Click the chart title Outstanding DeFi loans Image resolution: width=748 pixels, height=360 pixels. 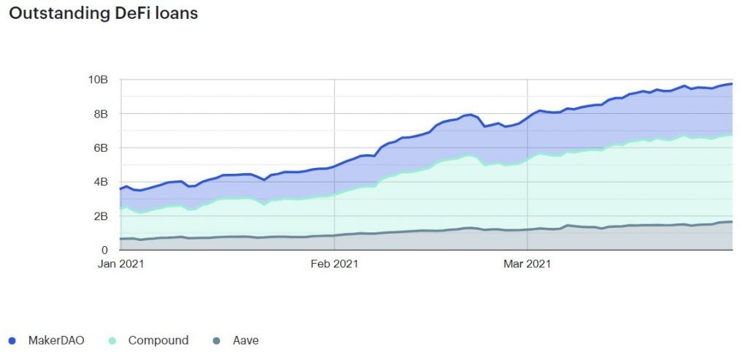point(103,13)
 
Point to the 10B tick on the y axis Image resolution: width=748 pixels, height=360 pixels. point(99,79)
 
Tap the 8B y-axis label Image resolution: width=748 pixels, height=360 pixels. point(101,113)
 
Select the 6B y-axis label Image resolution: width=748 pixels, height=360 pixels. point(101,148)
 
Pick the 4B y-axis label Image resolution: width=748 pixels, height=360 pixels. point(101,182)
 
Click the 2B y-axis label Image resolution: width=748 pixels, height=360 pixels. point(101,216)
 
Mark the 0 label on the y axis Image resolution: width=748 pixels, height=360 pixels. point(105,250)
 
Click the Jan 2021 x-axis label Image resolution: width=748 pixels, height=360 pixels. point(121,264)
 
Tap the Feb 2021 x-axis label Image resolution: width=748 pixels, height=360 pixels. point(334,264)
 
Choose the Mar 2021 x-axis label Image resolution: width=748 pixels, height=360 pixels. point(527,264)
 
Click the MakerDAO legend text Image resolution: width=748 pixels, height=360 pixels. point(56,340)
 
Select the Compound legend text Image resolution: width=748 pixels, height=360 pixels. point(158,340)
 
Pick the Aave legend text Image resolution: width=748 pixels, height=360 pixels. point(245,340)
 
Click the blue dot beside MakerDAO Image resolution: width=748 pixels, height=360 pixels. point(12,341)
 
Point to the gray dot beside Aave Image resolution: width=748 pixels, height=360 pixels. point(217,341)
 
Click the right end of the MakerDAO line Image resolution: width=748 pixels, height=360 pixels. point(731,84)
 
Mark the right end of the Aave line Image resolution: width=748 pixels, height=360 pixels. point(731,222)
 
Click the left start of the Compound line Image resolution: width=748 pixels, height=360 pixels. point(121,210)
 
